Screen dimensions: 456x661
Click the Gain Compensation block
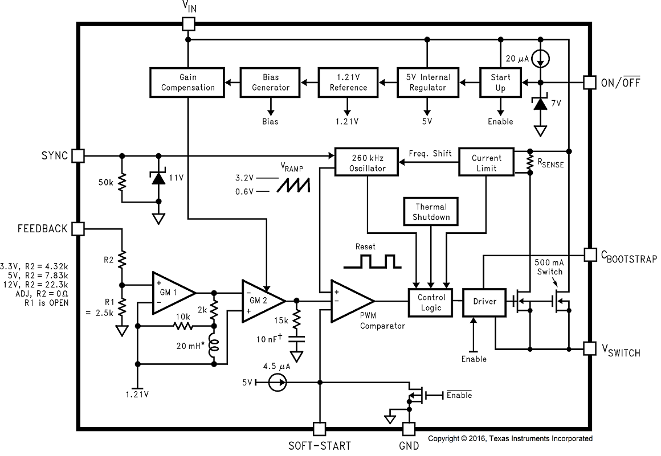188,82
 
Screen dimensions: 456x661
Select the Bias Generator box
268,82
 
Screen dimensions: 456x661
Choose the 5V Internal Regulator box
427,82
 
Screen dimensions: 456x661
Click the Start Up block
500,82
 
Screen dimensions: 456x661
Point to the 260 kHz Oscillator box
368,163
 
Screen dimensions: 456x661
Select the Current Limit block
486,163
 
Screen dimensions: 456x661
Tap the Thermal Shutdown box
431,212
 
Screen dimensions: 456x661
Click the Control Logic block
431,302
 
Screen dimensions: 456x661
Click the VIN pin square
188,23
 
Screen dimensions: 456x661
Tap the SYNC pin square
78,155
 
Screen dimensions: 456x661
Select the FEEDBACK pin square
78,229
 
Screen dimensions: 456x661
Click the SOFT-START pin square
320,429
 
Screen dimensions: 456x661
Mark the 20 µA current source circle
541,57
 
